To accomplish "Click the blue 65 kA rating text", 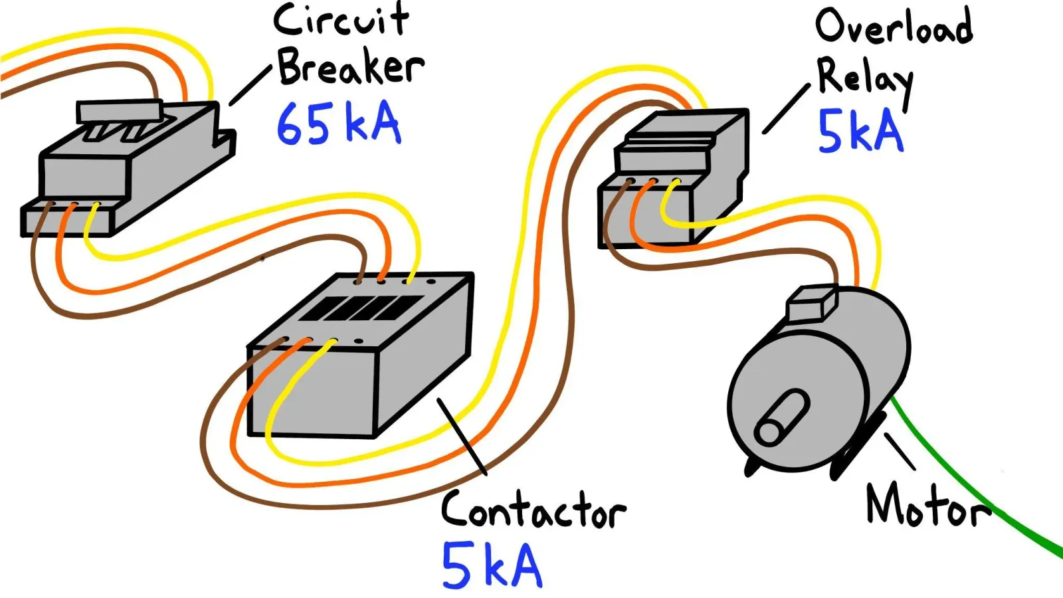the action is click(x=339, y=123).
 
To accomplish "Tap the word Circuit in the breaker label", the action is click(x=341, y=20).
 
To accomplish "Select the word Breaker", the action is click(x=351, y=68).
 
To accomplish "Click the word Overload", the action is click(x=894, y=26).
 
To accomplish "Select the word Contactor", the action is click(x=533, y=510).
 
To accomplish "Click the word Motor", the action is click(x=928, y=506).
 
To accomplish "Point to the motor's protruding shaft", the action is click(x=781, y=418).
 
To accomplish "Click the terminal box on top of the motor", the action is click(x=812, y=303).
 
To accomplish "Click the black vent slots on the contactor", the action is click(x=361, y=308).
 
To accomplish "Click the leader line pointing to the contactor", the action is click(x=462, y=437).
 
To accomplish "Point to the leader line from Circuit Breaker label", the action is click(x=250, y=86).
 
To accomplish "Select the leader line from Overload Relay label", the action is click(x=786, y=109).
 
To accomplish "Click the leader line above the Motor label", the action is click(x=900, y=451).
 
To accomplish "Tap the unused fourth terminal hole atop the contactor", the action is click(x=431, y=282).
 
